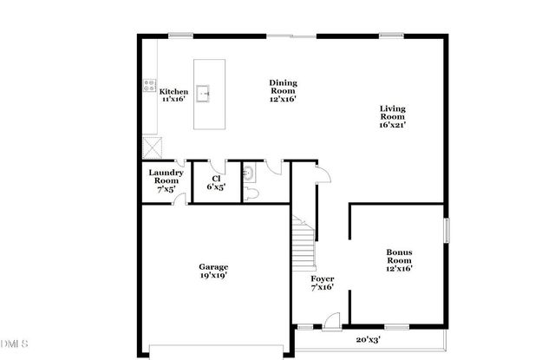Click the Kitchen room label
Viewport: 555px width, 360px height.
pyautogui.click(x=173, y=95)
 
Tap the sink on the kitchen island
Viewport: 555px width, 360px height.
pyautogui.click(x=204, y=92)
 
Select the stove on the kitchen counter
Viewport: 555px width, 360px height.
pyautogui.click(x=148, y=86)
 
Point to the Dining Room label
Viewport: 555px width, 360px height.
pyautogui.click(x=282, y=90)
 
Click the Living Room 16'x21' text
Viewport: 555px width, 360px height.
pyautogui.click(x=393, y=116)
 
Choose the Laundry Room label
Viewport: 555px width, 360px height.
pyautogui.click(x=165, y=180)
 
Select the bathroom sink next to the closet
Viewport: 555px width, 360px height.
pyautogui.click(x=247, y=172)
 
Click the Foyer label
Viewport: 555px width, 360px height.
pyautogui.click(x=323, y=282)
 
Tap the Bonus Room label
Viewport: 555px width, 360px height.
pyautogui.click(x=399, y=260)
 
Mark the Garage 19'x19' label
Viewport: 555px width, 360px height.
pyautogui.click(x=212, y=272)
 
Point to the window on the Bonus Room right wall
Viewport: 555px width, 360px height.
pyautogui.click(x=448, y=235)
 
